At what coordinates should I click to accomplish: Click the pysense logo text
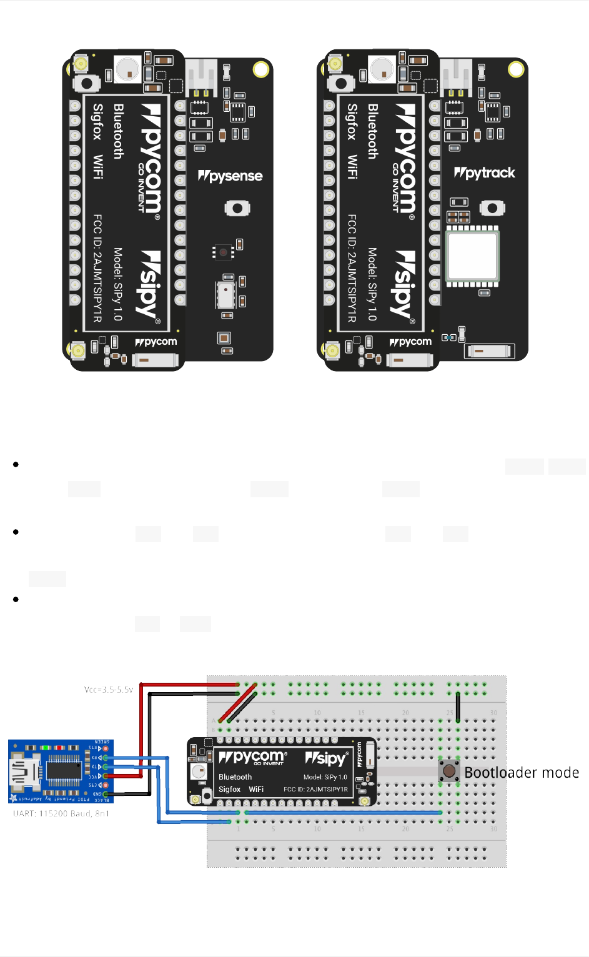coord(230,176)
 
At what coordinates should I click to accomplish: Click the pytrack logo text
coord(485,173)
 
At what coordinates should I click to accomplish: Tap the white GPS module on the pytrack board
coord(472,255)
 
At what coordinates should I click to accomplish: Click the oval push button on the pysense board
coord(237,208)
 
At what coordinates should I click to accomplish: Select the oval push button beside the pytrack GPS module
coord(492,208)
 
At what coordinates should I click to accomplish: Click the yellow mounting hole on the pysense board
coord(261,69)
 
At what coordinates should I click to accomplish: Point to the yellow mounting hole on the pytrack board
coord(516,69)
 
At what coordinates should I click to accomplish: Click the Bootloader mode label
coord(522,773)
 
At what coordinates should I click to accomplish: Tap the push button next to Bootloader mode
coord(449,771)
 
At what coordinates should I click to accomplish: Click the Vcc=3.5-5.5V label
coord(109,690)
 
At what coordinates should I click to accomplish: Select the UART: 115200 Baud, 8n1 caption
coord(61,813)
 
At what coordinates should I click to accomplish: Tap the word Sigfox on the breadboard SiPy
coord(229,789)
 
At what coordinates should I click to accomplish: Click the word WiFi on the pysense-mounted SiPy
coord(98,167)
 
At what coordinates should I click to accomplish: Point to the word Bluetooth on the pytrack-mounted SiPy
coord(373,131)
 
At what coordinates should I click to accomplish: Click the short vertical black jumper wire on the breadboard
coord(458,706)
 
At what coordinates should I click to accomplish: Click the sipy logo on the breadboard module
coord(325,758)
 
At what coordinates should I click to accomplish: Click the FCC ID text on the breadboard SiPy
coord(315,789)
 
